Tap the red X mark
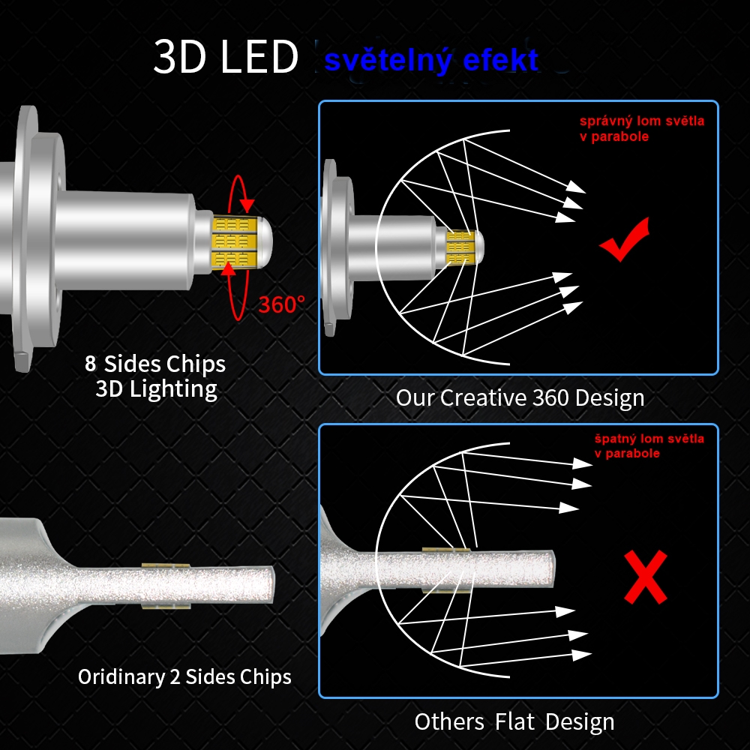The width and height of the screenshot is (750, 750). pos(646,577)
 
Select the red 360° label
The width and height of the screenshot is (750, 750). pos(281,304)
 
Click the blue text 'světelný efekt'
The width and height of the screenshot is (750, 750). pos(431,60)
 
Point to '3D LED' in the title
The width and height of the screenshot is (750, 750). pos(226,56)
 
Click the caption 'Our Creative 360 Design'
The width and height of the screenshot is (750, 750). pos(520,398)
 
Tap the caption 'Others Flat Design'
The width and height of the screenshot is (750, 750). pos(514,721)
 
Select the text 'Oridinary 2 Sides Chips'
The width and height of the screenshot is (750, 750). pos(184,677)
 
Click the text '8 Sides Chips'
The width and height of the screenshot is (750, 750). pos(155,364)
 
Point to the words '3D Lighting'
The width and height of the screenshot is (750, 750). pos(157,389)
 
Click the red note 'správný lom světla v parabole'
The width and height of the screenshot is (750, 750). pos(642,128)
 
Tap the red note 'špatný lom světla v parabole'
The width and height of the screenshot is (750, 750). pos(649,445)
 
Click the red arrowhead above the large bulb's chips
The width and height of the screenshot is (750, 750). pos(247,205)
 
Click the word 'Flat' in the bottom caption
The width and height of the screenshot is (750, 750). pos(514,721)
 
